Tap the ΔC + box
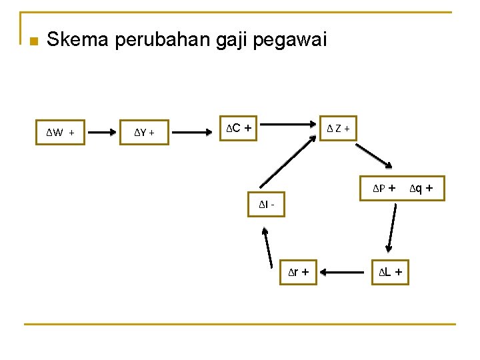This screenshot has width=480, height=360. [x=240, y=127]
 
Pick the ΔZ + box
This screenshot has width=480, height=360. [x=337, y=127]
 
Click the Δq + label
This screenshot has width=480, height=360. [x=421, y=189]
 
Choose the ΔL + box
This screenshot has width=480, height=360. [x=389, y=272]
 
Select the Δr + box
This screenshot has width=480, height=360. [x=297, y=272]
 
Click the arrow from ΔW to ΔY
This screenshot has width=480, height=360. [x=102, y=132]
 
